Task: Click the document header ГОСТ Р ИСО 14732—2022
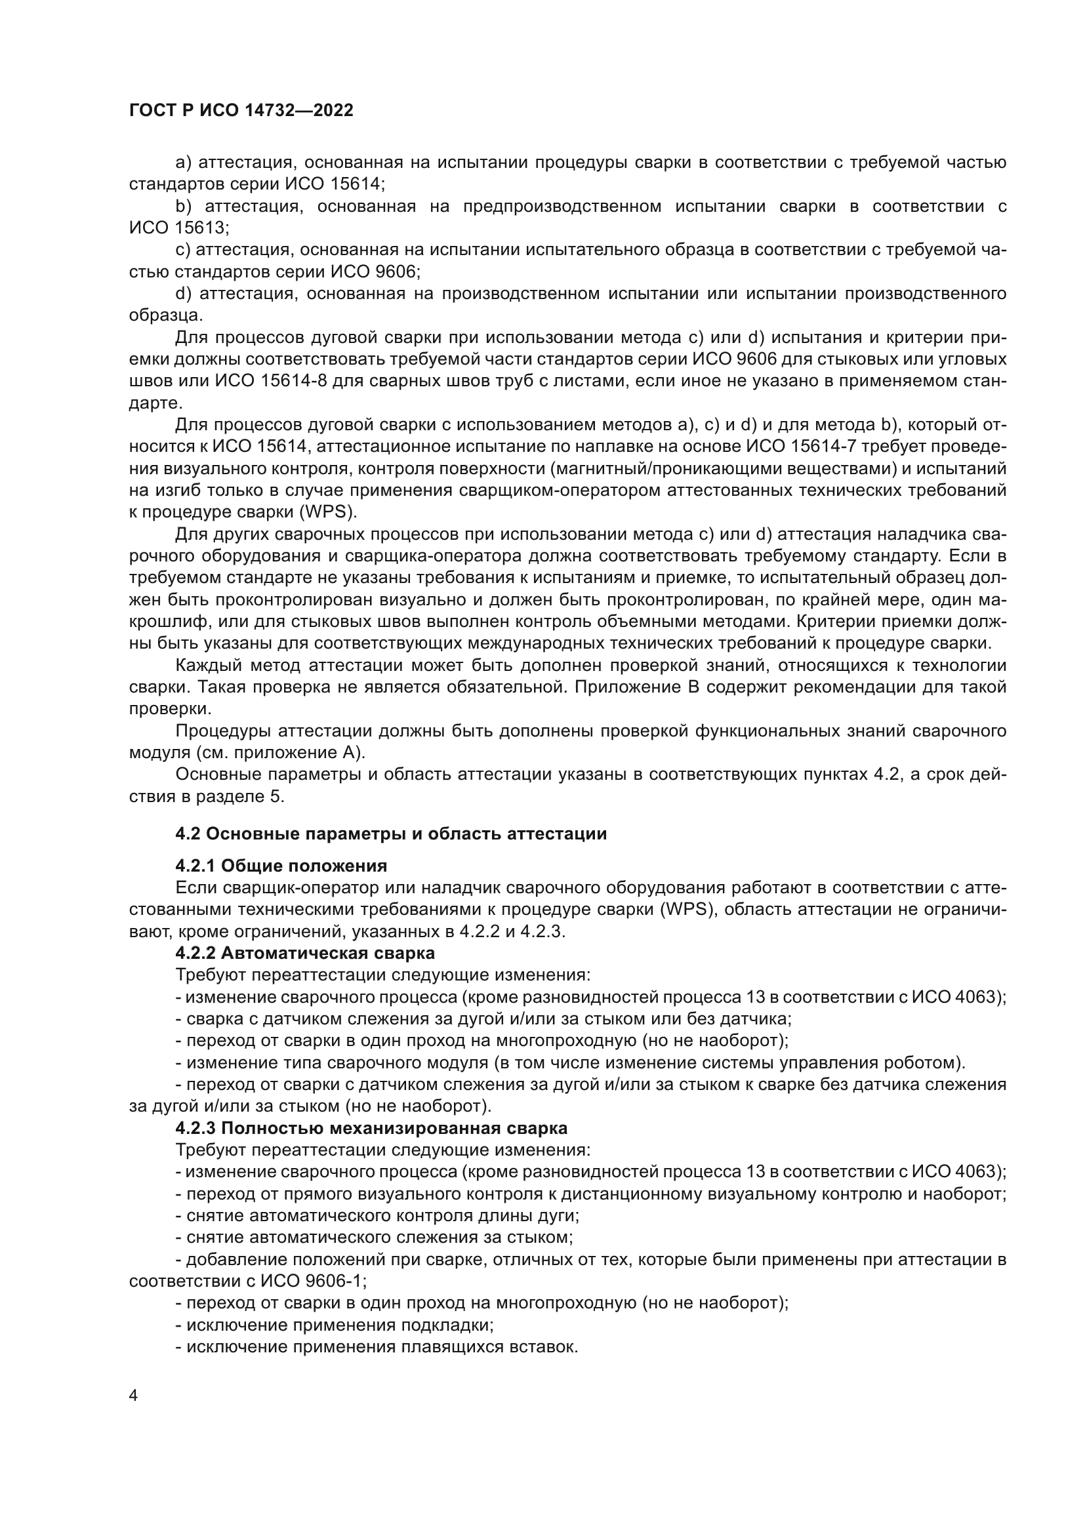[x=241, y=110]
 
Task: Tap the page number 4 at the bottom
[x=134, y=1396]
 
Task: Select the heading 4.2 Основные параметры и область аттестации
[x=391, y=834]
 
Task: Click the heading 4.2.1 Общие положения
[x=281, y=866]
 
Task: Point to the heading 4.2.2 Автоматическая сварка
[x=304, y=953]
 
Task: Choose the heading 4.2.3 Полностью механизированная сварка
[x=371, y=1129]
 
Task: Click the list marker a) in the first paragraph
[x=184, y=163]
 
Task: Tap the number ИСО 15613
[x=177, y=228]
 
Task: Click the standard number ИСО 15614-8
[x=270, y=382]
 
